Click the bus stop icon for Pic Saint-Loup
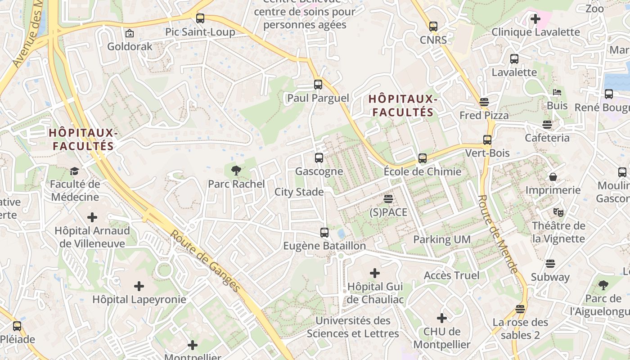coord(200,18)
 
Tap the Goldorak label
coord(130,46)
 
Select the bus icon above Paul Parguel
coord(318,85)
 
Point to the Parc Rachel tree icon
coord(236,170)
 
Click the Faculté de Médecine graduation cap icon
coord(74,171)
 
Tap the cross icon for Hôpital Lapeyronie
coord(139,286)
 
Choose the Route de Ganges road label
coord(205,261)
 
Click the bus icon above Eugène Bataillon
coord(324,233)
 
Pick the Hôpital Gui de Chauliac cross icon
coord(374,273)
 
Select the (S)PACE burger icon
coord(388,198)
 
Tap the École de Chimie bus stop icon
coord(422,158)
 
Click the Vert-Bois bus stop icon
coord(487,140)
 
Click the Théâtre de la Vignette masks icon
coord(558,212)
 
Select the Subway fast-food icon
coord(550,263)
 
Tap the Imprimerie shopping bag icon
coord(553,177)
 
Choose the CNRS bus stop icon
coord(433,27)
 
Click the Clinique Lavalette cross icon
coord(535,19)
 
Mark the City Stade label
coord(299,192)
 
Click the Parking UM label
coord(442,239)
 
